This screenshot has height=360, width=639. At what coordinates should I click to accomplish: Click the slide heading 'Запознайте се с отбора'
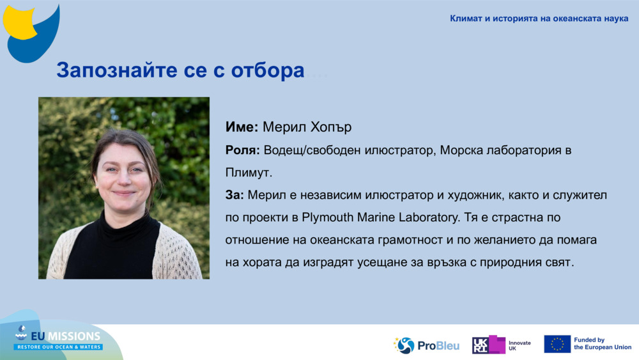tap(180, 70)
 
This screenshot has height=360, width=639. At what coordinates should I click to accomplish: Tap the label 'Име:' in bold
tap(242, 127)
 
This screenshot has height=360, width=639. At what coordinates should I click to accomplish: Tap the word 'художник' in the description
tap(440, 194)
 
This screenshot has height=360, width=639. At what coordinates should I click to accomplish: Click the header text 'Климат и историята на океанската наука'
tap(539, 19)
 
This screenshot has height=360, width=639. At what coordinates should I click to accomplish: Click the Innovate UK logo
tap(502, 345)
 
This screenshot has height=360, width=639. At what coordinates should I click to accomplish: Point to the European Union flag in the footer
tap(557, 344)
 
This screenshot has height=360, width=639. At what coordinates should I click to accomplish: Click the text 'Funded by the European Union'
tap(602, 344)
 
